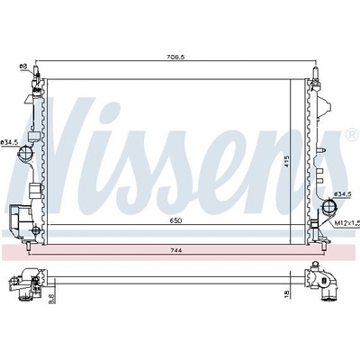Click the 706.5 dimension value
pyautogui.click(x=175, y=57)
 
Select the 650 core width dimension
pyautogui.click(x=175, y=220)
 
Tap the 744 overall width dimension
pyautogui.click(x=176, y=250)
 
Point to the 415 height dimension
pyautogui.click(x=286, y=161)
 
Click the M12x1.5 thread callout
pyautogui.click(x=346, y=223)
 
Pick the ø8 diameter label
pyautogui.click(x=23, y=67)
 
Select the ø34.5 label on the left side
pyautogui.click(x=8, y=143)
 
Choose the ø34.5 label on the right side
pyautogui.click(x=342, y=194)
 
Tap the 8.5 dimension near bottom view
pyautogui.click(x=51, y=299)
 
